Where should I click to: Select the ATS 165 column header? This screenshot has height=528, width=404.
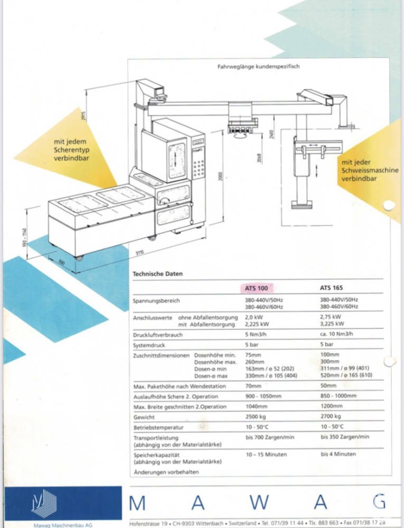[331, 288]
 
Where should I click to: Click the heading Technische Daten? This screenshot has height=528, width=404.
[157, 274]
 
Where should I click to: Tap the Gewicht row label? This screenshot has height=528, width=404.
[145, 417]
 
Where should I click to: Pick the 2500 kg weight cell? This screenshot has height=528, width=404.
[256, 417]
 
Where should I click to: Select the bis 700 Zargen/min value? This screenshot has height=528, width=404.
[269, 437]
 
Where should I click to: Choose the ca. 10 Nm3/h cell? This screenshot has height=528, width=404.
[336, 335]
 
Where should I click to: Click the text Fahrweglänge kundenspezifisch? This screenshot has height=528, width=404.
[259, 67]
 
